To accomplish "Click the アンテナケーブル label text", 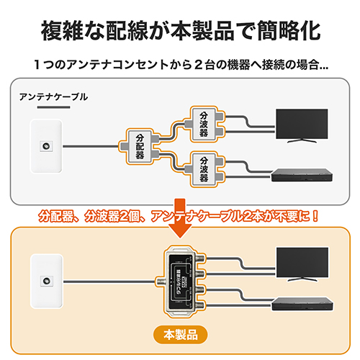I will click(54, 96).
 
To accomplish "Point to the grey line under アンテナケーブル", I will click(54, 109).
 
